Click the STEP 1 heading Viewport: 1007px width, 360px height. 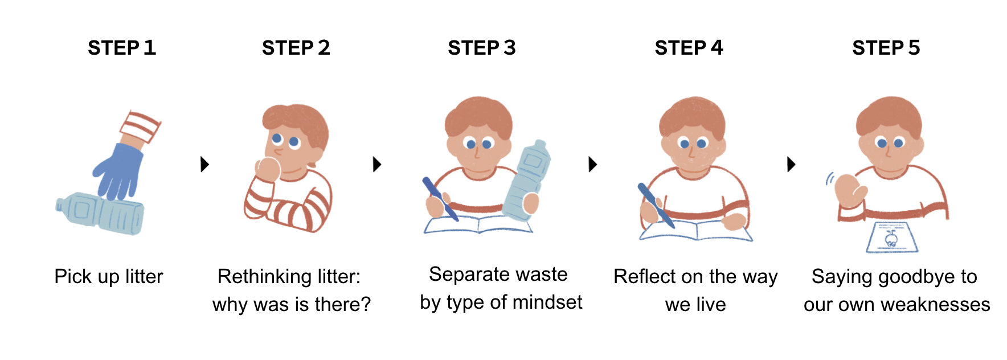[122, 48]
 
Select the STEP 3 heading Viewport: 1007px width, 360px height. [482, 48]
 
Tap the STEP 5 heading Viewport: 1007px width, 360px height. [886, 48]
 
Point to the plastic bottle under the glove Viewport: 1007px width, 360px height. [100, 214]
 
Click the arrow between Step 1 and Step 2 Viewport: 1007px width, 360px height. [205, 164]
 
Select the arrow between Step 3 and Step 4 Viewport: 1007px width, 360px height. [593, 164]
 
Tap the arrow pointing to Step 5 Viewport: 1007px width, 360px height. [791, 164]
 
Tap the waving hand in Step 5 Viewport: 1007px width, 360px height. [850, 191]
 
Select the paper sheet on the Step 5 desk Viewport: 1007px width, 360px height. [892, 238]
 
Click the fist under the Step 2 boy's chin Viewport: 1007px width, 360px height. [268, 169]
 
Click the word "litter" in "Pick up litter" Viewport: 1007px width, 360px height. [144, 276]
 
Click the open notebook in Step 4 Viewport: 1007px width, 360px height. [696, 230]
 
